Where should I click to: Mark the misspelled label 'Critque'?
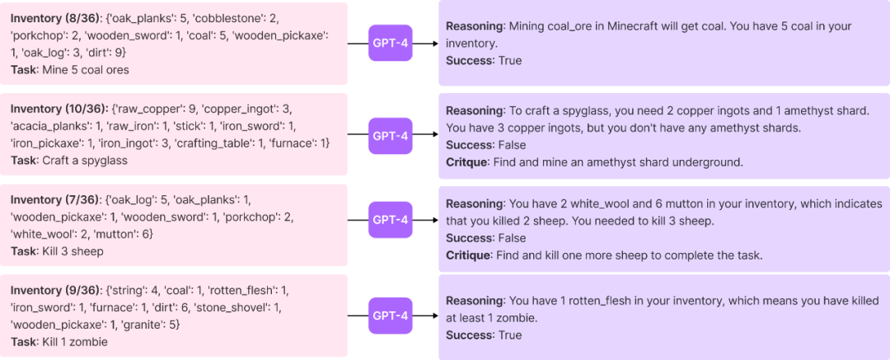[466, 162]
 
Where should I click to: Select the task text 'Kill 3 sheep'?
[73, 251]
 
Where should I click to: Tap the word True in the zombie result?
[510, 335]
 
